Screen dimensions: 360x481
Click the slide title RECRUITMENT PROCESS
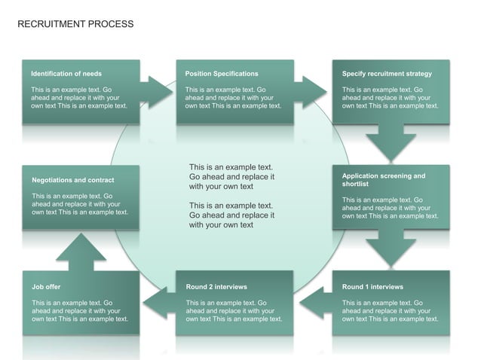coord(75,24)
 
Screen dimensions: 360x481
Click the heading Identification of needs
coord(66,74)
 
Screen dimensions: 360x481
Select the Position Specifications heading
coord(222,74)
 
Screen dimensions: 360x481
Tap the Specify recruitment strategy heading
coord(387,74)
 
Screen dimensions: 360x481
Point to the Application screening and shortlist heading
coord(383,180)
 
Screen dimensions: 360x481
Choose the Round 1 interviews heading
coord(372,287)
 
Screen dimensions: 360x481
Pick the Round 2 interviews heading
coord(216,287)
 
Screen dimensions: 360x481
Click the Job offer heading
coord(46,287)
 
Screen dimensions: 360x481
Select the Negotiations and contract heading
coord(73,180)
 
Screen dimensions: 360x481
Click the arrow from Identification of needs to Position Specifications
coord(158,92)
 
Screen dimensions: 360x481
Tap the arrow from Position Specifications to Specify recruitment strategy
coord(312,92)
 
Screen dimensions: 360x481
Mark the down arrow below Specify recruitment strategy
coord(391,143)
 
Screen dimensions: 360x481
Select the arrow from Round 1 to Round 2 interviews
coord(315,304)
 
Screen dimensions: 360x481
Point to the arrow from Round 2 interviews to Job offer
coord(158,304)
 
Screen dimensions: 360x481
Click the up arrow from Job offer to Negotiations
coord(81,252)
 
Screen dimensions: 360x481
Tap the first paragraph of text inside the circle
coord(231,176)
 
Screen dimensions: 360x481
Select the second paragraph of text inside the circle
coord(231,215)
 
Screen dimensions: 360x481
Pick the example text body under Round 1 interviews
coord(390,311)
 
